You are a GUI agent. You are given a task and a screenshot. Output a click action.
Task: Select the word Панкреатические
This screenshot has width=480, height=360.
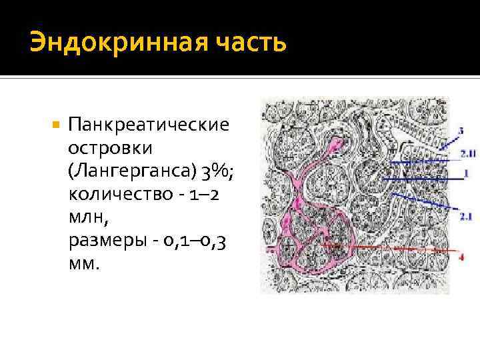(149, 125)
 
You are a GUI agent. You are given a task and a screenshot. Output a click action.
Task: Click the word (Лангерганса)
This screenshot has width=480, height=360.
(130, 171)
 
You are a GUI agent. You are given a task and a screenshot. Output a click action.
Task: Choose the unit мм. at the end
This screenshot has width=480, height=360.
(83, 264)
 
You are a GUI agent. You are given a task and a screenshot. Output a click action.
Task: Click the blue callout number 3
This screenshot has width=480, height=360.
(461, 131)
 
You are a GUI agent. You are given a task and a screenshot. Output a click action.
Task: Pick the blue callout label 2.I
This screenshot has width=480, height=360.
(465, 215)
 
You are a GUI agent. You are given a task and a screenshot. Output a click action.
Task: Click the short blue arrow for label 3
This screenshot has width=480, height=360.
(449, 138)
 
